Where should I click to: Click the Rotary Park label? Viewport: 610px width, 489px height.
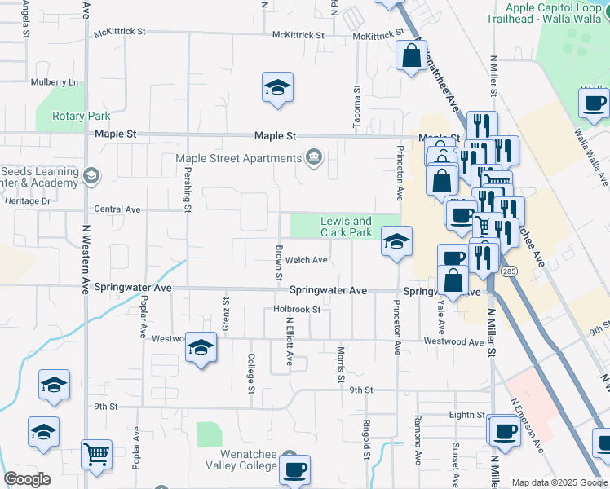(81, 116)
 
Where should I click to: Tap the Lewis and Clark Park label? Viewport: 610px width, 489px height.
(346, 227)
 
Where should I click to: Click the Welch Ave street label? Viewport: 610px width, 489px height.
(307, 261)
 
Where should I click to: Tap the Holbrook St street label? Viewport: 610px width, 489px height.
(297, 310)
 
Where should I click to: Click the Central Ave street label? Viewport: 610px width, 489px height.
(117, 209)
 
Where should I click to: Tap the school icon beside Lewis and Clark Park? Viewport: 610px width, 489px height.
(396, 242)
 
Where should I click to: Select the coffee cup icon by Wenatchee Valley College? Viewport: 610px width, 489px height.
(294, 469)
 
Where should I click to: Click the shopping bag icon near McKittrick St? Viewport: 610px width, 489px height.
(411, 56)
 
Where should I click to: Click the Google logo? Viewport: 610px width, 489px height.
(27, 479)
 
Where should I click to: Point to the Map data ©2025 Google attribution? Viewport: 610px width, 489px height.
(559, 482)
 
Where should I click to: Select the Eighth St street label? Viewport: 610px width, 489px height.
(466, 415)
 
